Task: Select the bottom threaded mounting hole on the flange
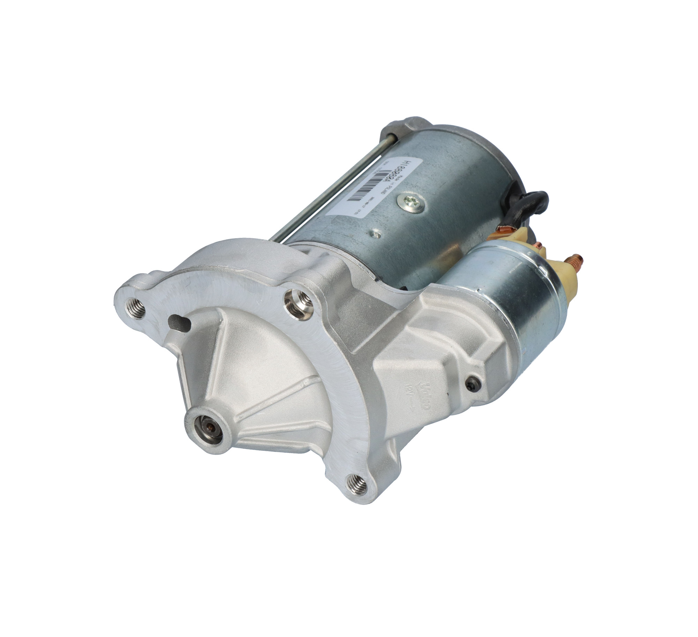coord(357,484)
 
